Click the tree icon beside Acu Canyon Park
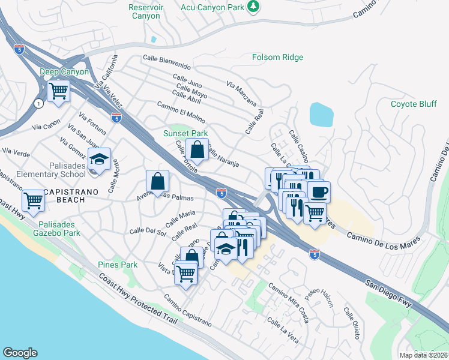(x=255, y=6)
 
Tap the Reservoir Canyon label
(x=145, y=11)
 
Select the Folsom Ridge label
(x=277, y=57)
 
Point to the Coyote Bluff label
(x=414, y=103)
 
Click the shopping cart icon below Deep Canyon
(x=59, y=92)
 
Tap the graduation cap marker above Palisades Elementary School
(x=99, y=159)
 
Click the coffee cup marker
(x=318, y=192)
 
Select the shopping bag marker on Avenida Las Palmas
(x=157, y=181)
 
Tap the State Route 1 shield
(x=39, y=104)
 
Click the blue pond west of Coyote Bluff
(x=321, y=114)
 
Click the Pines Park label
(x=118, y=265)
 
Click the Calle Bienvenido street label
(x=166, y=62)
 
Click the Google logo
(x=20, y=352)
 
